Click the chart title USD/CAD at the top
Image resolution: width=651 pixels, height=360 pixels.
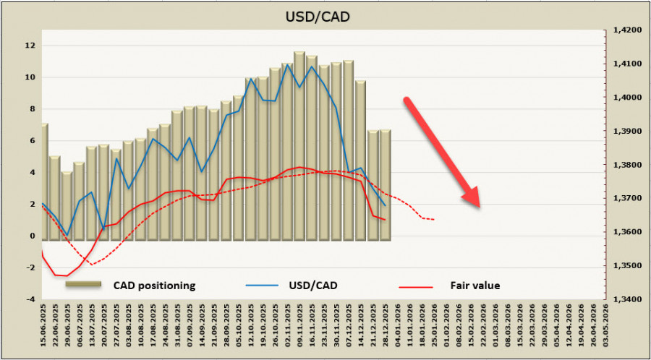pyautogui.click(x=325, y=16)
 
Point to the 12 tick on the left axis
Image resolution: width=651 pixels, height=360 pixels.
pyautogui.click(x=30, y=46)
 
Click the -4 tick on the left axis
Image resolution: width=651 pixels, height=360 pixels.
pyautogui.click(x=30, y=299)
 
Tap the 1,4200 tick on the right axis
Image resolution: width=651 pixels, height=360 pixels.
pyautogui.click(x=627, y=30)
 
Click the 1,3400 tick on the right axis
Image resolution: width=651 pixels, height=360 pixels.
pyautogui.click(x=627, y=299)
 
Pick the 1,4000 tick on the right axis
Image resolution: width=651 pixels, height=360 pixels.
pyautogui.click(x=627, y=98)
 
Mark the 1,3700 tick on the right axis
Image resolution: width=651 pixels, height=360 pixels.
pyautogui.click(x=627, y=198)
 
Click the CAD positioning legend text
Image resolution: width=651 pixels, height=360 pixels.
pyautogui.click(x=154, y=286)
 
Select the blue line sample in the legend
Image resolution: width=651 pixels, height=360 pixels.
pyautogui.click(x=260, y=286)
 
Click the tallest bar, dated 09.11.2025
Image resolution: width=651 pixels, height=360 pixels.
pyautogui.click(x=299, y=145)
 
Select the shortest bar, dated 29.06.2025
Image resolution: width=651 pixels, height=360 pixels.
pyautogui.click(x=67, y=206)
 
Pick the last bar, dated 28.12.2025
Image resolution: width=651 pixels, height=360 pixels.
pyautogui.click(x=385, y=184)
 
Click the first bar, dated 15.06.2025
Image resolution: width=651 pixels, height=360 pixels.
pyautogui.click(x=43, y=181)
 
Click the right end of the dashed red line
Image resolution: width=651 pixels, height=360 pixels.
pyautogui.click(x=433, y=219)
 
